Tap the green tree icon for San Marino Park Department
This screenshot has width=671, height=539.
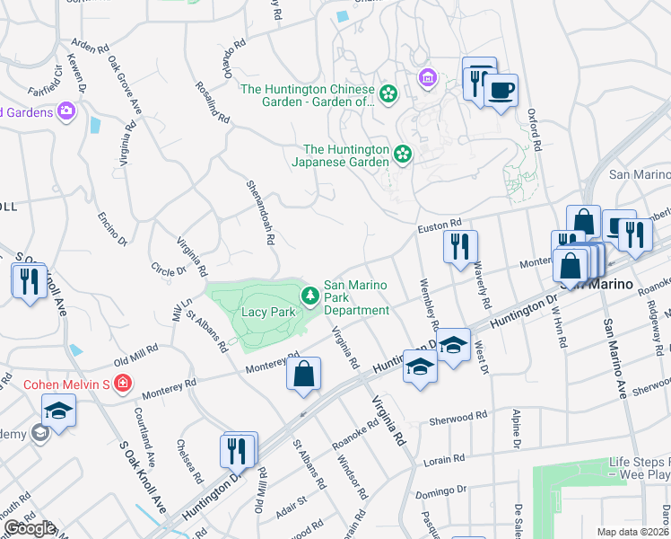310,295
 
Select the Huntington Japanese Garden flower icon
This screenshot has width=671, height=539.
403,155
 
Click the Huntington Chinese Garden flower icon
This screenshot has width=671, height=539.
388,93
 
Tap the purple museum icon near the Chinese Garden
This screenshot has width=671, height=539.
427,80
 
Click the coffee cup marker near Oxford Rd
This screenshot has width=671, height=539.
501,90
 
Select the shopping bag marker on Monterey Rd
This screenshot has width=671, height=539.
304,374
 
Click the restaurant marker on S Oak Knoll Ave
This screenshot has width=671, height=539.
29,281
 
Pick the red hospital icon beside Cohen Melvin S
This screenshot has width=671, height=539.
123,384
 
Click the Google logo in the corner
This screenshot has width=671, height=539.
30,528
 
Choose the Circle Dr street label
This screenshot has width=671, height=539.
168,268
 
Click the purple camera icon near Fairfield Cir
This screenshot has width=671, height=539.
65,110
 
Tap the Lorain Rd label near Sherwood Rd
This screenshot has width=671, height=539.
447,458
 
